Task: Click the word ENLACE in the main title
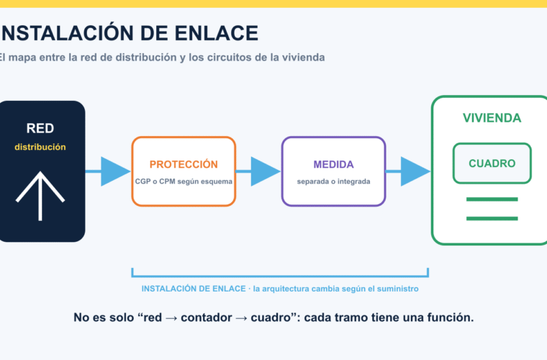pos(217,34)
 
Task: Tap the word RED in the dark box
pos(40,128)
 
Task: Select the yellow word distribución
pos(40,147)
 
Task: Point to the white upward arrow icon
pos(40,196)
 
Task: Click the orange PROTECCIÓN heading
pos(184,164)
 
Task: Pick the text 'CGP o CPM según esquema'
pos(184,181)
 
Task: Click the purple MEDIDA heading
pos(333,164)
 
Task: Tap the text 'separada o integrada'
pos(333,181)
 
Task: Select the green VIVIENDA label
pos(492,118)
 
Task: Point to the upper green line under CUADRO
pos(492,199)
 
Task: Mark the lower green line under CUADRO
pos(492,218)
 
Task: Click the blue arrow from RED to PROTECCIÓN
pos(108,171)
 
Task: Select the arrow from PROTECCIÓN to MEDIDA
pos(258,171)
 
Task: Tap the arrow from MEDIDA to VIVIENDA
pos(408,171)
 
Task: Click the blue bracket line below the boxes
pos(280,276)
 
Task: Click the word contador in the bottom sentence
pos(206,318)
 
